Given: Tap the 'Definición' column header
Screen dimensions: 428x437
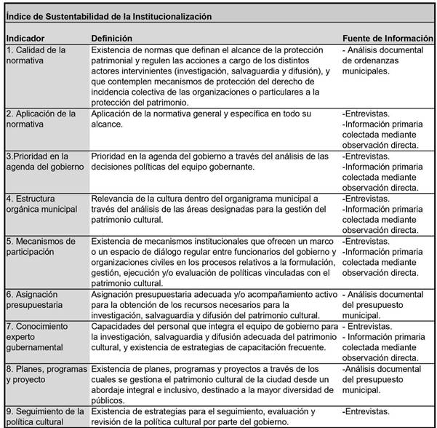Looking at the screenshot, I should point(112,37).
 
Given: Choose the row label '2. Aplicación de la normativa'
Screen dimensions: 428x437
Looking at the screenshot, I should point(41,119).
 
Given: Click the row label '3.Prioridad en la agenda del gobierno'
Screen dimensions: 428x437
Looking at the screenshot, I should point(44,161).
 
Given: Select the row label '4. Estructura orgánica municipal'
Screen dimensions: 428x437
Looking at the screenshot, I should point(41,204).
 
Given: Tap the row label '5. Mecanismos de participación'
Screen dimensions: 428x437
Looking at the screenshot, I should point(42,246).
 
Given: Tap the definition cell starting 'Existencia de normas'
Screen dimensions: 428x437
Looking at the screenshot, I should point(211,76).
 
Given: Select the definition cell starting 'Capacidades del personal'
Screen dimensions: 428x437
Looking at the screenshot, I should point(211,336).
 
